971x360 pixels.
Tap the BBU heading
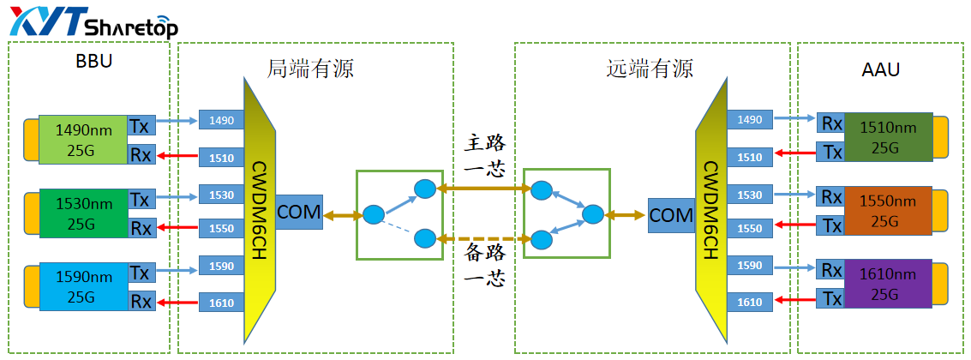tap(93, 62)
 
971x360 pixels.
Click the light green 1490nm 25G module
tap(83, 140)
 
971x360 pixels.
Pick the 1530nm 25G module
tap(83, 212)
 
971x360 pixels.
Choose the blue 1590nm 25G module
tap(83, 284)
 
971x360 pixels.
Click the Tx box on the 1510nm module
tap(831, 153)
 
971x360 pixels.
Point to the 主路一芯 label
tap(483, 154)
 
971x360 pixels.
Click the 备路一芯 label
tap(483, 265)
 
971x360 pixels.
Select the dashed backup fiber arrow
tap(482, 238)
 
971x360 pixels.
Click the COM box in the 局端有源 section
tap(299, 211)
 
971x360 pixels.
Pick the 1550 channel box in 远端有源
tap(749, 229)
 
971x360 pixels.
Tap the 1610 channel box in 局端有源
tap(222, 302)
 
